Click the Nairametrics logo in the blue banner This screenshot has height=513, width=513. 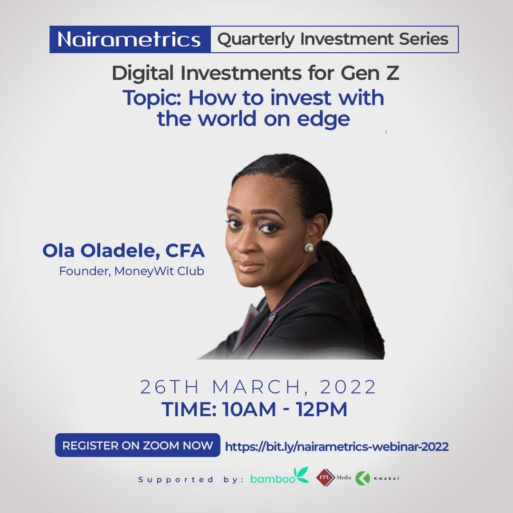[129, 39]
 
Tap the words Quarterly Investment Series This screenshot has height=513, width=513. [332, 39]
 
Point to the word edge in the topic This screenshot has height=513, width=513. [323, 119]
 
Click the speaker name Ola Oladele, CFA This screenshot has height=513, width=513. [123, 251]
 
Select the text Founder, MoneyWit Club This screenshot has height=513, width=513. [132, 272]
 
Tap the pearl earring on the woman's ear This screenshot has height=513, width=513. [309, 247]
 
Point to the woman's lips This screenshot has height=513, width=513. [249, 264]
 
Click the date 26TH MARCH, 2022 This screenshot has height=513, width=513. [258, 387]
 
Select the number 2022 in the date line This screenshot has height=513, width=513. [348, 387]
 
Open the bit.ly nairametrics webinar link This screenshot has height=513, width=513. [337, 446]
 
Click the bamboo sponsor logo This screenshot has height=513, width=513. [280, 477]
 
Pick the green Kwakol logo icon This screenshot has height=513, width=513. [363, 478]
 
